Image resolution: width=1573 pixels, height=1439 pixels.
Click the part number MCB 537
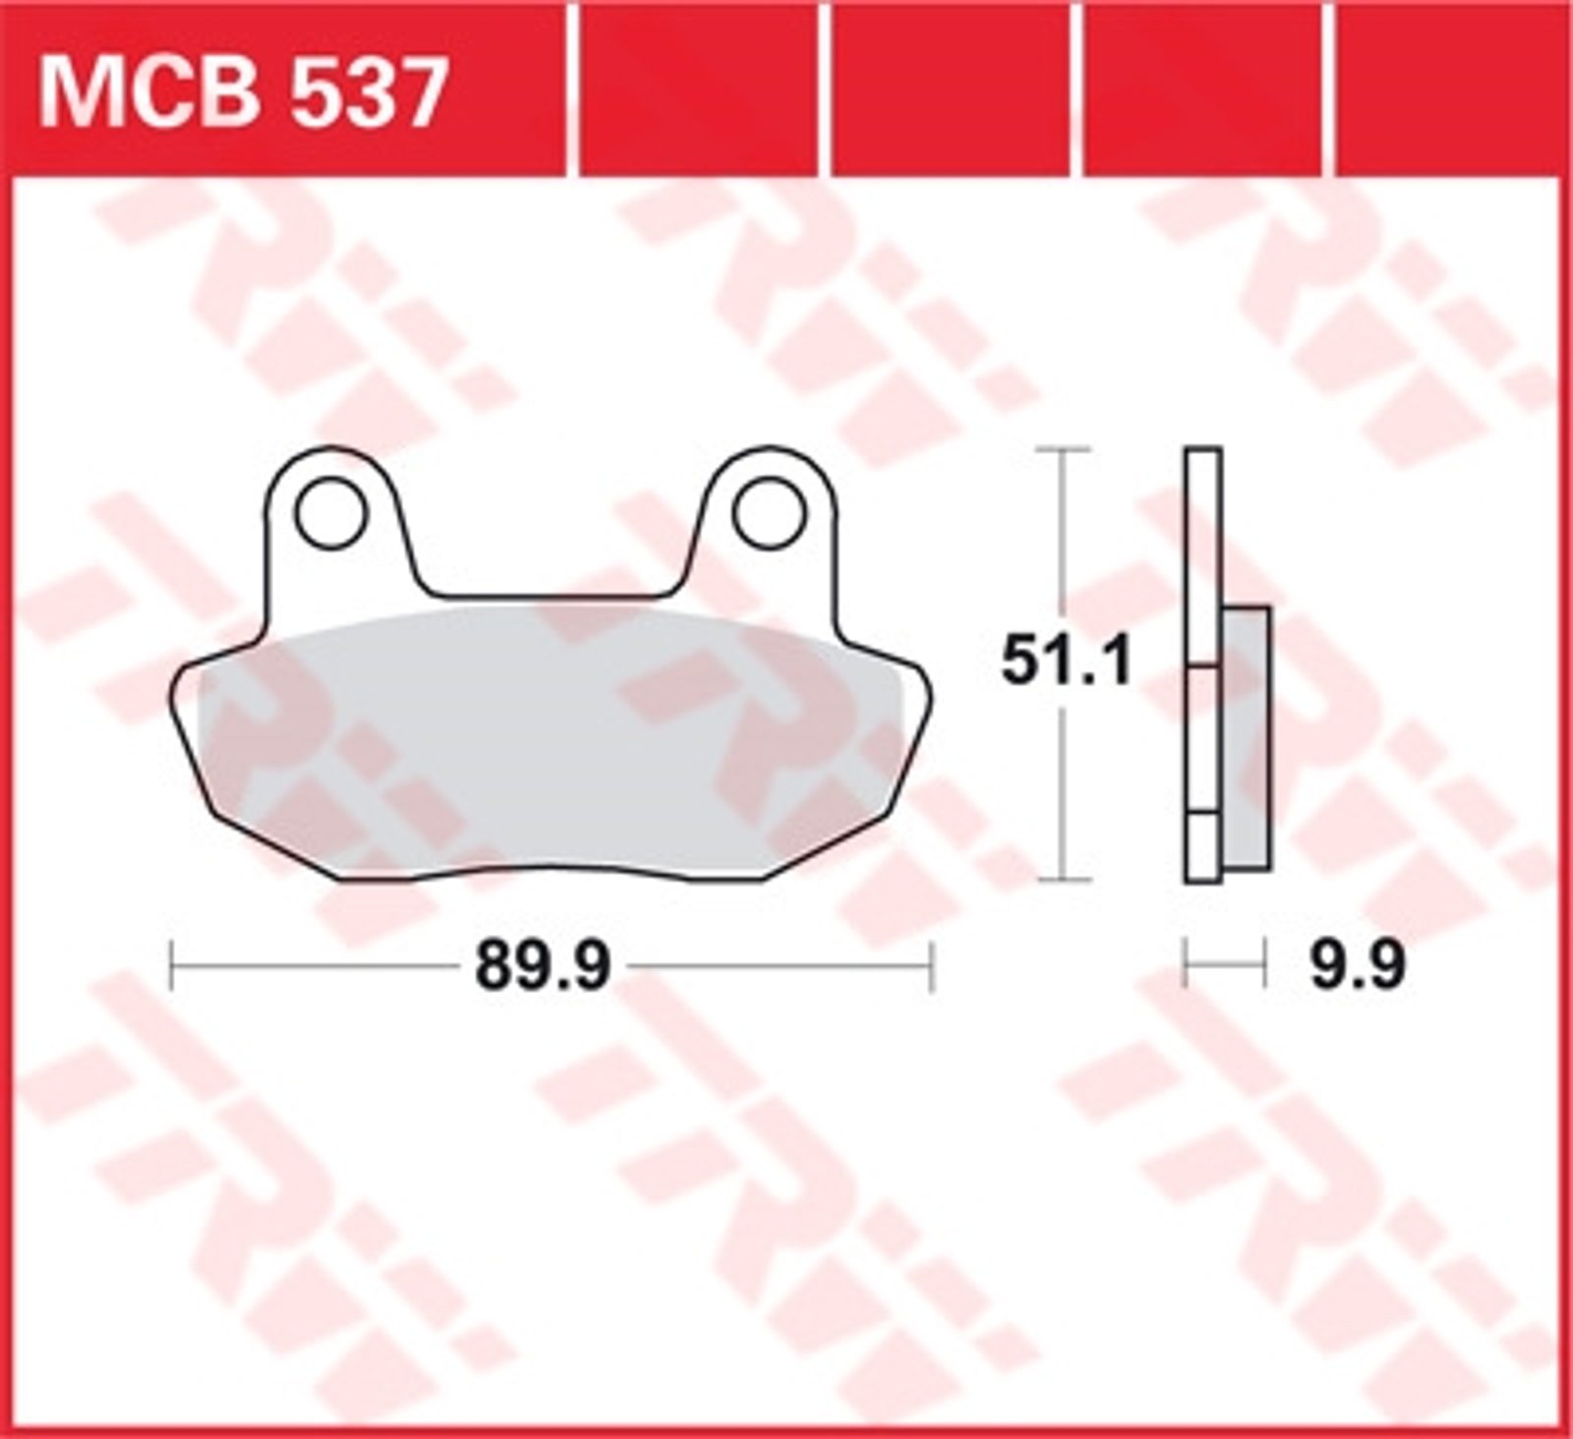(x=243, y=94)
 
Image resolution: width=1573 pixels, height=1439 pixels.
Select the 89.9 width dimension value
(x=543, y=967)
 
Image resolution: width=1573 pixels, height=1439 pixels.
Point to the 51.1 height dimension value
(x=1067, y=663)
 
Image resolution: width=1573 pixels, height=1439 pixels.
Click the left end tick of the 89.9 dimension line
(x=173, y=966)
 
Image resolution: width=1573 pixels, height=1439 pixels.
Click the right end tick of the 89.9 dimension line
(x=930, y=966)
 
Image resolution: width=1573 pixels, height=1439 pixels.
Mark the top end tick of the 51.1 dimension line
(x=1064, y=448)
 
